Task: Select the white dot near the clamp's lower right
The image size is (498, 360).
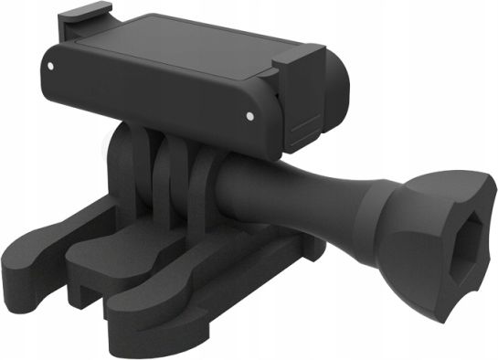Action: click(249, 116)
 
